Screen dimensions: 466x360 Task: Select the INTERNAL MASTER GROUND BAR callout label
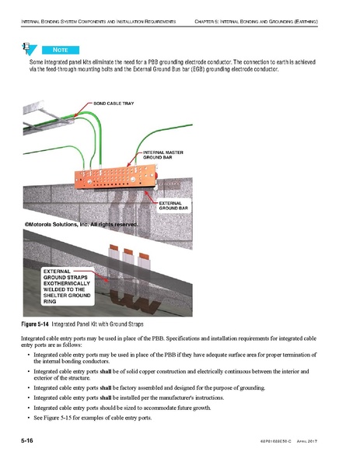point(163,154)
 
